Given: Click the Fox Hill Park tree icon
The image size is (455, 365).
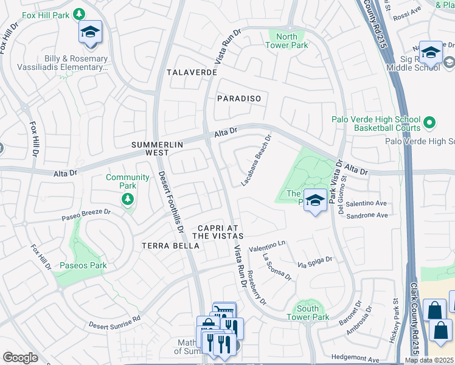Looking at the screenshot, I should coord(78,13).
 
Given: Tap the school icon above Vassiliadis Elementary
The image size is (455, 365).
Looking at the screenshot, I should coord(90,33).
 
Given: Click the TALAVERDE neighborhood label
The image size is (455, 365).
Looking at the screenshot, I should coord(192,72).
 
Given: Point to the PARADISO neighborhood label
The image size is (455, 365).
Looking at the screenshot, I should coord(239,99).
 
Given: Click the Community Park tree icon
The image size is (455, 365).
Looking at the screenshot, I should coord(128,199).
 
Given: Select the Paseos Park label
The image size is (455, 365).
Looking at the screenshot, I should coord(83,265).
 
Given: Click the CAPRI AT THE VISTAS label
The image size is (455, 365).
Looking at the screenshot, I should coord(218,231).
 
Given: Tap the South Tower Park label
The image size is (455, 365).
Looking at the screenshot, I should coord(308,313).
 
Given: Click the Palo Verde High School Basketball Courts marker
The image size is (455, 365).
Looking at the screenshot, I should coord(429,123).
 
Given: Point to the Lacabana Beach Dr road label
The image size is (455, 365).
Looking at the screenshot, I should coord(255,161).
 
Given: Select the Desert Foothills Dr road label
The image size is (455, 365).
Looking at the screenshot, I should coord(172,202).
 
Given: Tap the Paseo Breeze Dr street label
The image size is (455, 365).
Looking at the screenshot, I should coord(86,215).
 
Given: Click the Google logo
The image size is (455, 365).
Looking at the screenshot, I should coord(20,358).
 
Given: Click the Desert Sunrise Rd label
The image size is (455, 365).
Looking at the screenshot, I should coord(114,321).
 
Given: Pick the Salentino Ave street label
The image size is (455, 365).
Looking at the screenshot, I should coord(367,203).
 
